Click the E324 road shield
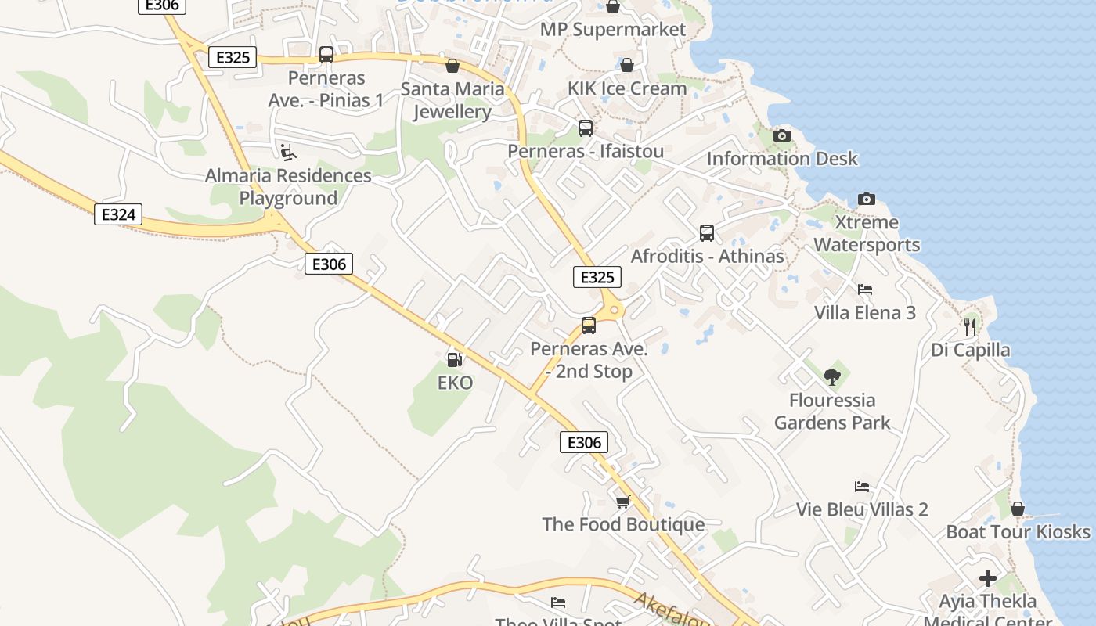coord(118,214)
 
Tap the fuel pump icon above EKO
coord(453,359)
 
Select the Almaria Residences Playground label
coord(288,187)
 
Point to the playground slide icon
coord(288,152)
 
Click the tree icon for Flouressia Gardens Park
coord(831,377)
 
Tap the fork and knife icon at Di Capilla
coord(970,326)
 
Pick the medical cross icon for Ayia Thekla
coord(988,578)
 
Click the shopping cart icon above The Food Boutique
coord(622,502)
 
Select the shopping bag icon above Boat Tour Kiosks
coord(1017,509)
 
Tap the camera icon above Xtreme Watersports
coord(866,199)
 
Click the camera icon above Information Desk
coord(781,135)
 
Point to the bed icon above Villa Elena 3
coord(864,290)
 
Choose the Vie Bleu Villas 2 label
coord(862,509)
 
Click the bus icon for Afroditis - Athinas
coord(706,232)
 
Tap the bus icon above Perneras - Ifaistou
coord(585,128)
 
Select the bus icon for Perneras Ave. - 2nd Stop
coord(589,326)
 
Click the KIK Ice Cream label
coord(627,88)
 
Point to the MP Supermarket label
coord(613,30)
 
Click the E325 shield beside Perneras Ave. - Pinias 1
coord(233,57)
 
